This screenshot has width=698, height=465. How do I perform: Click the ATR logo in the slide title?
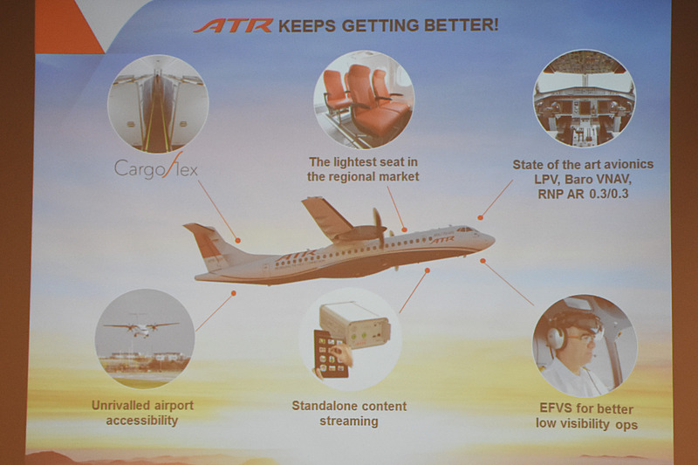[x=233, y=25]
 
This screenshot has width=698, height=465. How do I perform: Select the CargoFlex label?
[x=156, y=166]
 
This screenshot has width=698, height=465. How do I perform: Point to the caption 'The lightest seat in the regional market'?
[x=363, y=169]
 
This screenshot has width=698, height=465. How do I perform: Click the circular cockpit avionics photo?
[x=584, y=98]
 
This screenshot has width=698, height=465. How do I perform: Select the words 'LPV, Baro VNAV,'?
[x=584, y=180]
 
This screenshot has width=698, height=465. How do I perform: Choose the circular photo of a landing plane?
[x=144, y=338]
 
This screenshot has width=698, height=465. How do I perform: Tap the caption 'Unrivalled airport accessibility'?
[x=142, y=413]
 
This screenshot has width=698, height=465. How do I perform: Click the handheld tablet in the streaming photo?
[x=331, y=353]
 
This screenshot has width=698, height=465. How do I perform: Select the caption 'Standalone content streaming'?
[x=349, y=414]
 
